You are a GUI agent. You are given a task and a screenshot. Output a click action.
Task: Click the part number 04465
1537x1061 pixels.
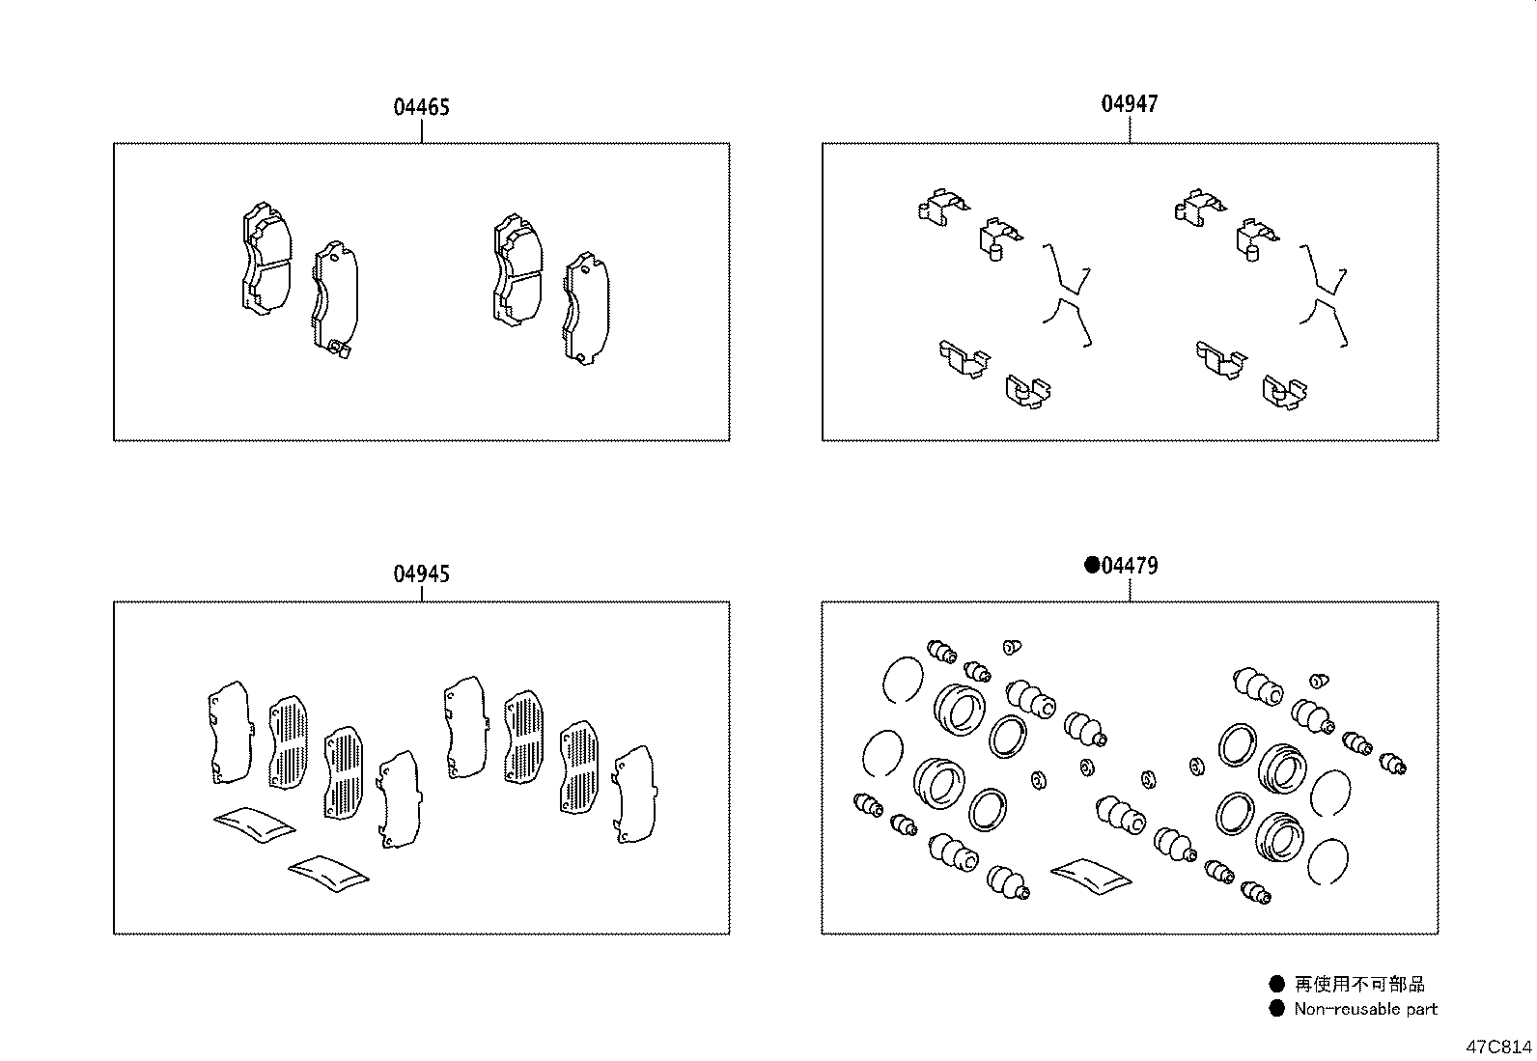(x=421, y=107)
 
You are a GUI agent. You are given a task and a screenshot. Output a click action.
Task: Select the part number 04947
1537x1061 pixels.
(x=1130, y=103)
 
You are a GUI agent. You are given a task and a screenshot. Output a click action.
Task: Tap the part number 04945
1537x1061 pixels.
(x=421, y=574)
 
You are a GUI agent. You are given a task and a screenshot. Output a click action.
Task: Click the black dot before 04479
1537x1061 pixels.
(x=1092, y=565)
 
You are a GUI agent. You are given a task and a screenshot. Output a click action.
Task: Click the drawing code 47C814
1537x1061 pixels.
(x=1498, y=1047)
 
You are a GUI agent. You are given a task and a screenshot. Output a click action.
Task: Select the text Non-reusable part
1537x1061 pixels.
(x=1365, y=1009)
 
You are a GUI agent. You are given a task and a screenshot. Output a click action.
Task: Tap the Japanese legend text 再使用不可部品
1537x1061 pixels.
(x=1359, y=984)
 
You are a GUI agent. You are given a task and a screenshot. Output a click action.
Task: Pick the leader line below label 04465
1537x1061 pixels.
(x=422, y=131)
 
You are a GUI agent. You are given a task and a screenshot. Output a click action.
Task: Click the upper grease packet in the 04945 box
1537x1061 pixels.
(x=254, y=823)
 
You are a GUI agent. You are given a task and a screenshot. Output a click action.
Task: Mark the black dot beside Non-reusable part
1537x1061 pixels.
(x=1277, y=1009)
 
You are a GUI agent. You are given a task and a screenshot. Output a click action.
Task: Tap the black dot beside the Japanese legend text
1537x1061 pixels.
(x=1277, y=984)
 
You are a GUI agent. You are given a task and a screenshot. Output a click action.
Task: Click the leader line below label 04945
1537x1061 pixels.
(x=422, y=594)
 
